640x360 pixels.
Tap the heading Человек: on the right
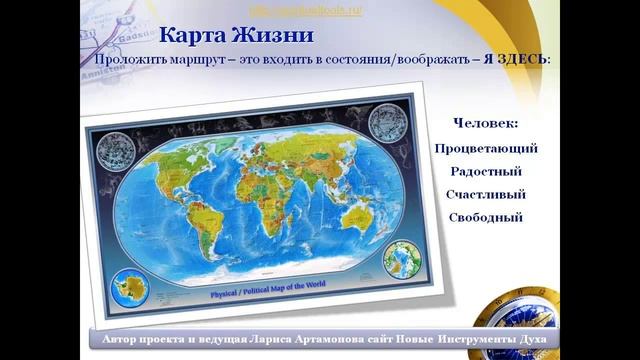(486, 123)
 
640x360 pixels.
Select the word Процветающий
(486, 148)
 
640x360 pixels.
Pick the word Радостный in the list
(486, 171)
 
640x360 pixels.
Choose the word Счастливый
(486, 194)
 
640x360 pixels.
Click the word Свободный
(486, 217)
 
